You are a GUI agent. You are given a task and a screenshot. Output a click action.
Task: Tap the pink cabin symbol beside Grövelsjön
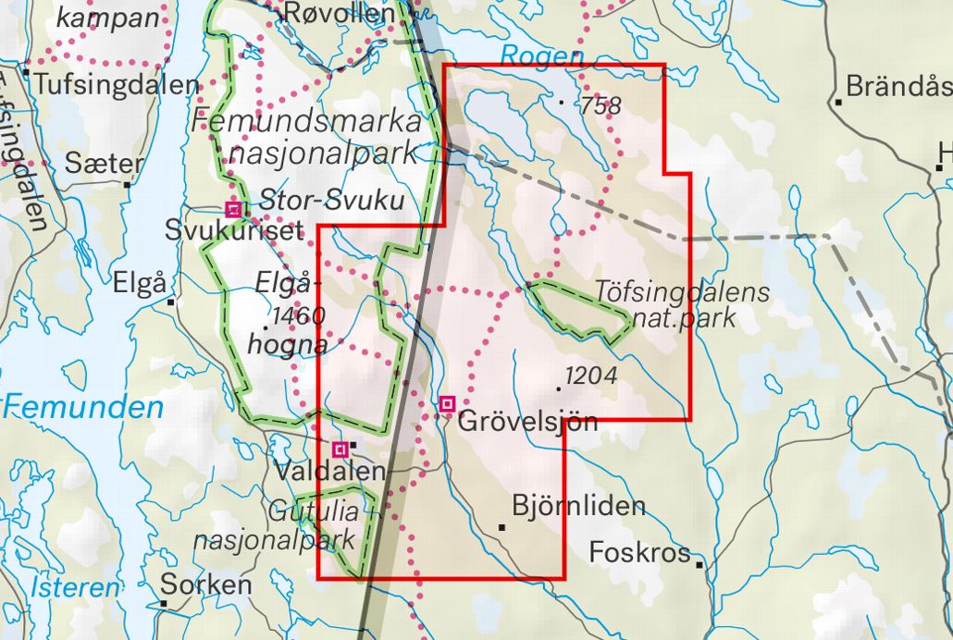[448, 403]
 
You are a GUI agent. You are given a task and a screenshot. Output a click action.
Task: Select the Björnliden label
[578, 507]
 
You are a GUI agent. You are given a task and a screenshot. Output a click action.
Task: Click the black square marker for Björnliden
[502, 526]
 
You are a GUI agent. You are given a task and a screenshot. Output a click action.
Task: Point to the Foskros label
[640, 552]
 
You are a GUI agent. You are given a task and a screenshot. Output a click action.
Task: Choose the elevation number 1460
[299, 316]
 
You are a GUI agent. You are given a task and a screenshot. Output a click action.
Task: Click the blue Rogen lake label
[542, 56]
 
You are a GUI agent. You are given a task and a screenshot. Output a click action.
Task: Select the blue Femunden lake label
[83, 407]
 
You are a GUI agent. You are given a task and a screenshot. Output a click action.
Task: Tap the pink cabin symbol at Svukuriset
[234, 209]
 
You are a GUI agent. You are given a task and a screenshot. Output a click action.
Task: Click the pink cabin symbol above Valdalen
[340, 449]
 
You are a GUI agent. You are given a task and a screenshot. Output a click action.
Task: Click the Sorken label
[205, 585]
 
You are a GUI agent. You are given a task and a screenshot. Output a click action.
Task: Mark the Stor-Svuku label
[331, 200]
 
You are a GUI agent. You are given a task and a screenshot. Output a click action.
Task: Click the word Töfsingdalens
[683, 294]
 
